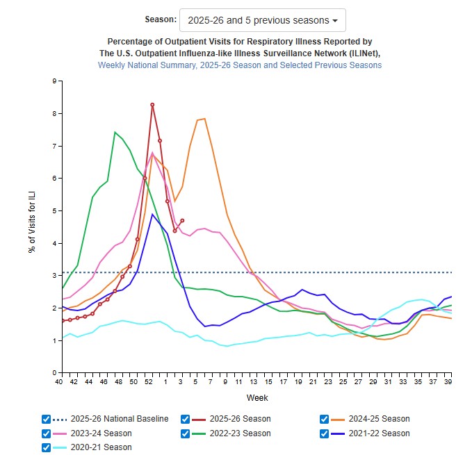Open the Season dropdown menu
coord(262,21)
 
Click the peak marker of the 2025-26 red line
coord(152,105)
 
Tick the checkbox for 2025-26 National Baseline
coord(47,419)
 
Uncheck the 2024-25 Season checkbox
coord(324,419)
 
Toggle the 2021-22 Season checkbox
coord(324,433)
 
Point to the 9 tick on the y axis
coord(54,81)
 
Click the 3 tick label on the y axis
coord(54,276)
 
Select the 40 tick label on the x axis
coord(61,382)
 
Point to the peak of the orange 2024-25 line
coord(204,119)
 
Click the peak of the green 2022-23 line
coord(115,132)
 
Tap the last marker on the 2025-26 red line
coord(182,220)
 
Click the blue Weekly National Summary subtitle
coord(240,65)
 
